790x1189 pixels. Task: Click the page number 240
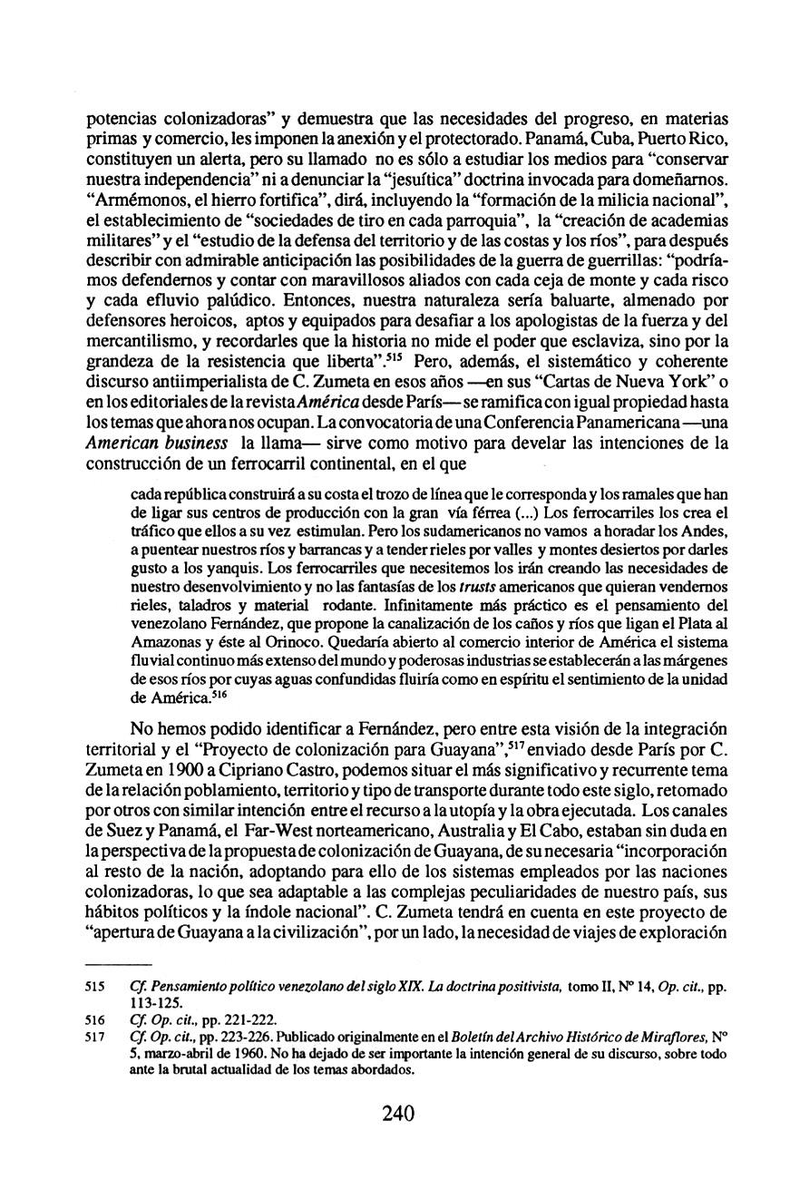click(396, 1114)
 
